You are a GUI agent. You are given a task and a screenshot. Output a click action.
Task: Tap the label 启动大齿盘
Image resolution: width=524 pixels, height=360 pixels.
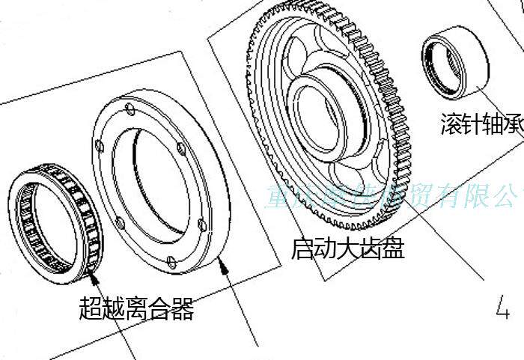pos(348,248)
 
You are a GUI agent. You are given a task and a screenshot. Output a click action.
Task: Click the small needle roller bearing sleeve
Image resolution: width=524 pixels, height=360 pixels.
pos(454,61)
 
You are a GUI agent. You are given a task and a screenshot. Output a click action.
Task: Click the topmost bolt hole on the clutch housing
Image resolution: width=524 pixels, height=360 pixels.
pos(130,111)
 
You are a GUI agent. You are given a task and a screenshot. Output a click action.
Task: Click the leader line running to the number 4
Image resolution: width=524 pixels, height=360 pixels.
pos(449,247)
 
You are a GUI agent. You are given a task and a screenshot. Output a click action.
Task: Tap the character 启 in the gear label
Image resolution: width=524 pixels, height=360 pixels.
pos(302,248)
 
